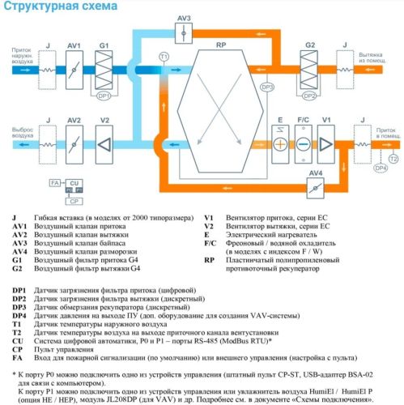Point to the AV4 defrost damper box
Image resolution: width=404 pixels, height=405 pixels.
tap(315, 188)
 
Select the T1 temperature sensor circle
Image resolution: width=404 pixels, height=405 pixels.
tap(164, 56)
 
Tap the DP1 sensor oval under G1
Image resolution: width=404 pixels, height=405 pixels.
tap(103, 95)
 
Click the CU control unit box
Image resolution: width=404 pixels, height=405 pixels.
tap(73, 185)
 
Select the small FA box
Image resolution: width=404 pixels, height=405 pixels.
tap(54, 185)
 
